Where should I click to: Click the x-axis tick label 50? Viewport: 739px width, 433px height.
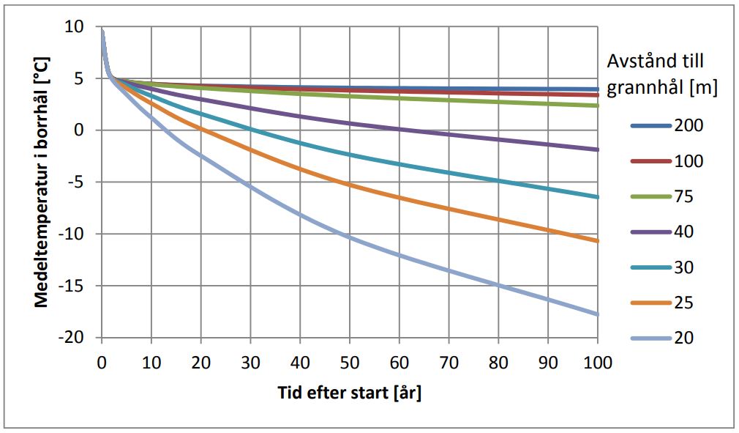tap(350, 362)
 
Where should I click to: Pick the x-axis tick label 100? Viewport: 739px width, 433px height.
tap(597, 362)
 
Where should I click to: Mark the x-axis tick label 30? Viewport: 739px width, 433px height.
tap(250, 362)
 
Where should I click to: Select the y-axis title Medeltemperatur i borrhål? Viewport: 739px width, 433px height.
tap(43, 182)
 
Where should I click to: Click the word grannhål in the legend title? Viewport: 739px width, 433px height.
tap(653, 87)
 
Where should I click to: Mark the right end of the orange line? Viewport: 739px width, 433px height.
tap(597, 240)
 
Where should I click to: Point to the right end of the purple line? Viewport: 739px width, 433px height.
tap(597, 149)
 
